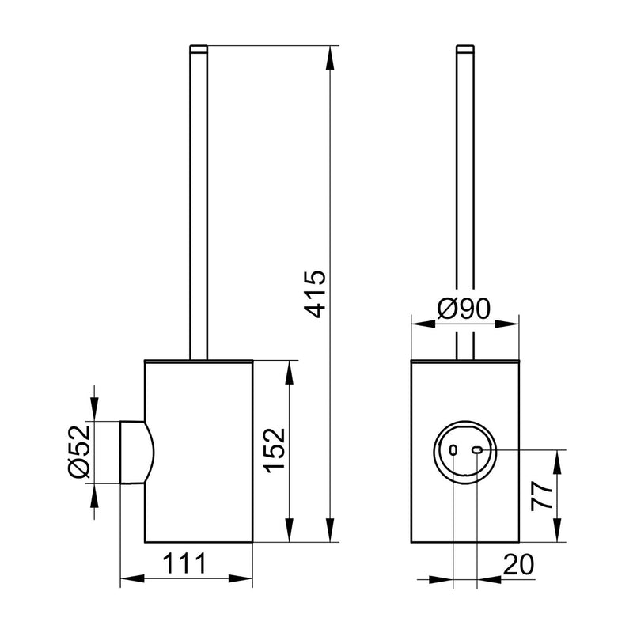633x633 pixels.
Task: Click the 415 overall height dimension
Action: pos(315,294)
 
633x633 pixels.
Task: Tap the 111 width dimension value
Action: pos(186,564)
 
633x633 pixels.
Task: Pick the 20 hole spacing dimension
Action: pos(518,564)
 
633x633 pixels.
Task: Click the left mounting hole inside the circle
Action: pos(453,450)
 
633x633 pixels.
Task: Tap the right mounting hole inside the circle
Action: pos(477,450)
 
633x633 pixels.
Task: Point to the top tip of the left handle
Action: pos(199,49)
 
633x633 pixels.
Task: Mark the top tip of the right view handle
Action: pos(464,49)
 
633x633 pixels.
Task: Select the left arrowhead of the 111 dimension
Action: pos(126,580)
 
